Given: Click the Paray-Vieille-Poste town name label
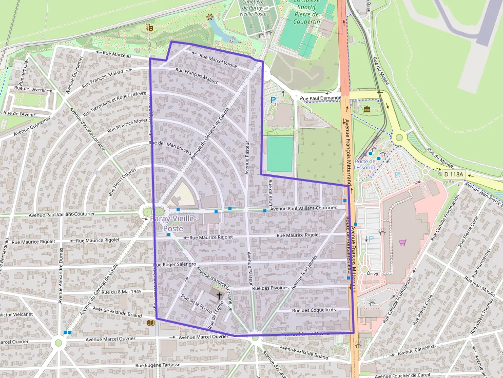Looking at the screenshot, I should click(x=173, y=224).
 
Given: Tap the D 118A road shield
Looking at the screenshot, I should click(x=453, y=174).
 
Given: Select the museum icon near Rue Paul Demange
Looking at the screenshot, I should click(x=367, y=109).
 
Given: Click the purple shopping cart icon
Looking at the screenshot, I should click(x=403, y=243).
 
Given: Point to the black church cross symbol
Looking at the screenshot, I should click(x=219, y=295).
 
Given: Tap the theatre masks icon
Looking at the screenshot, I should click(x=149, y=27).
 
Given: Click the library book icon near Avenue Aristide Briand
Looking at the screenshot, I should click(x=150, y=323).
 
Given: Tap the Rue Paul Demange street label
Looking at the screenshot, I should click(x=320, y=98).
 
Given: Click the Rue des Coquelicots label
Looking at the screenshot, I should click(x=314, y=310).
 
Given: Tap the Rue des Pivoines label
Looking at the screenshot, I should click(x=272, y=288).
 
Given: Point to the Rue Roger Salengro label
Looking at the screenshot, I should click(x=175, y=265).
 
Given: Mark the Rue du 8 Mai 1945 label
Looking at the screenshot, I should click(x=122, y=292).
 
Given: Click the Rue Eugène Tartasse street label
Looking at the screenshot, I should click(x=158, y=365).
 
